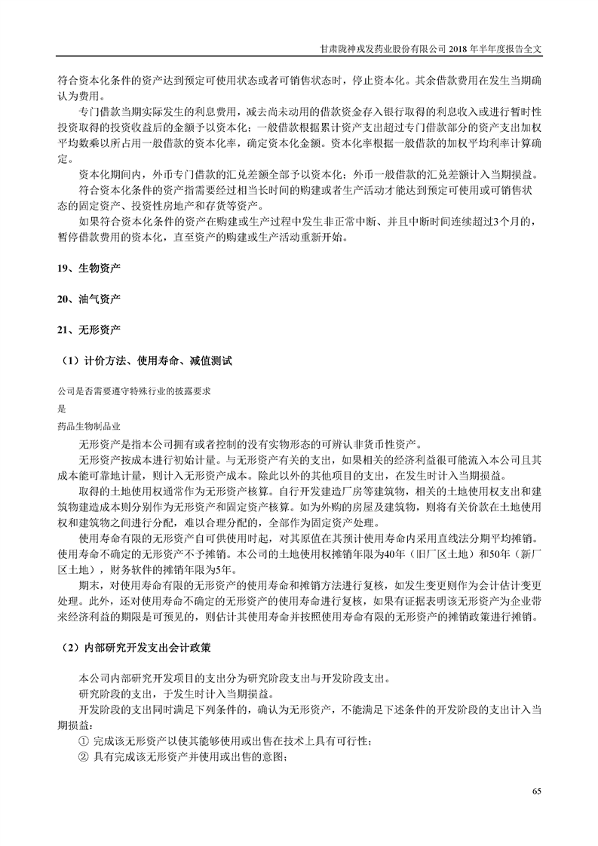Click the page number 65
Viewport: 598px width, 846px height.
coord(536,790)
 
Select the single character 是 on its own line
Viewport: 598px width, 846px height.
coord(62,409)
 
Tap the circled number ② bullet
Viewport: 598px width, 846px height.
coord(84,758)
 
